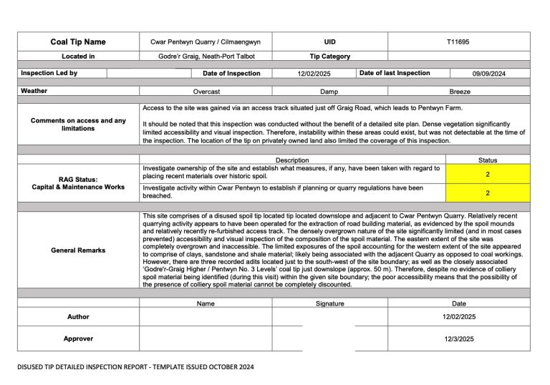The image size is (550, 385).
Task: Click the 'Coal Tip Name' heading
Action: (78, 42)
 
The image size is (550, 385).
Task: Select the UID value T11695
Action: (458, 42)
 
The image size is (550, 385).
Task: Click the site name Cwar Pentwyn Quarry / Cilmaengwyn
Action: (206, 42)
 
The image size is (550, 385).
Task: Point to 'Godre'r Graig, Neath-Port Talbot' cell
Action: (206, 57)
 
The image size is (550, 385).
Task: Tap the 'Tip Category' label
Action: (329, 57)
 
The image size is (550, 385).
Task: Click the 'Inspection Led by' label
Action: (49, 73)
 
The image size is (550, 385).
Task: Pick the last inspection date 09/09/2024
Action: (489, 74)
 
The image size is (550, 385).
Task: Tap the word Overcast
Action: (206, 92)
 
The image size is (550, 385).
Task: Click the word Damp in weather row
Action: (329, 92)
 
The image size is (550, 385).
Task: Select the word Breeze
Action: (460, 92)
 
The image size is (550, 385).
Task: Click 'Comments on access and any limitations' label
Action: (78, 125)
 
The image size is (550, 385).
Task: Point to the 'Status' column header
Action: (487, 160)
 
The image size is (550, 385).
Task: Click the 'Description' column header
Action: (292, 160)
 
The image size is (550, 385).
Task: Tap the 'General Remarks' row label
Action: (78, 250)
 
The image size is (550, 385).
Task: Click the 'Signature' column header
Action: (329, 303)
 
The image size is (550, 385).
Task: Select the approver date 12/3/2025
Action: (459, 338)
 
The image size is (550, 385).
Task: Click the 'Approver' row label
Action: (78, 338)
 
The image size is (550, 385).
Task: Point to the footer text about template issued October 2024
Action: (136, 366)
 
